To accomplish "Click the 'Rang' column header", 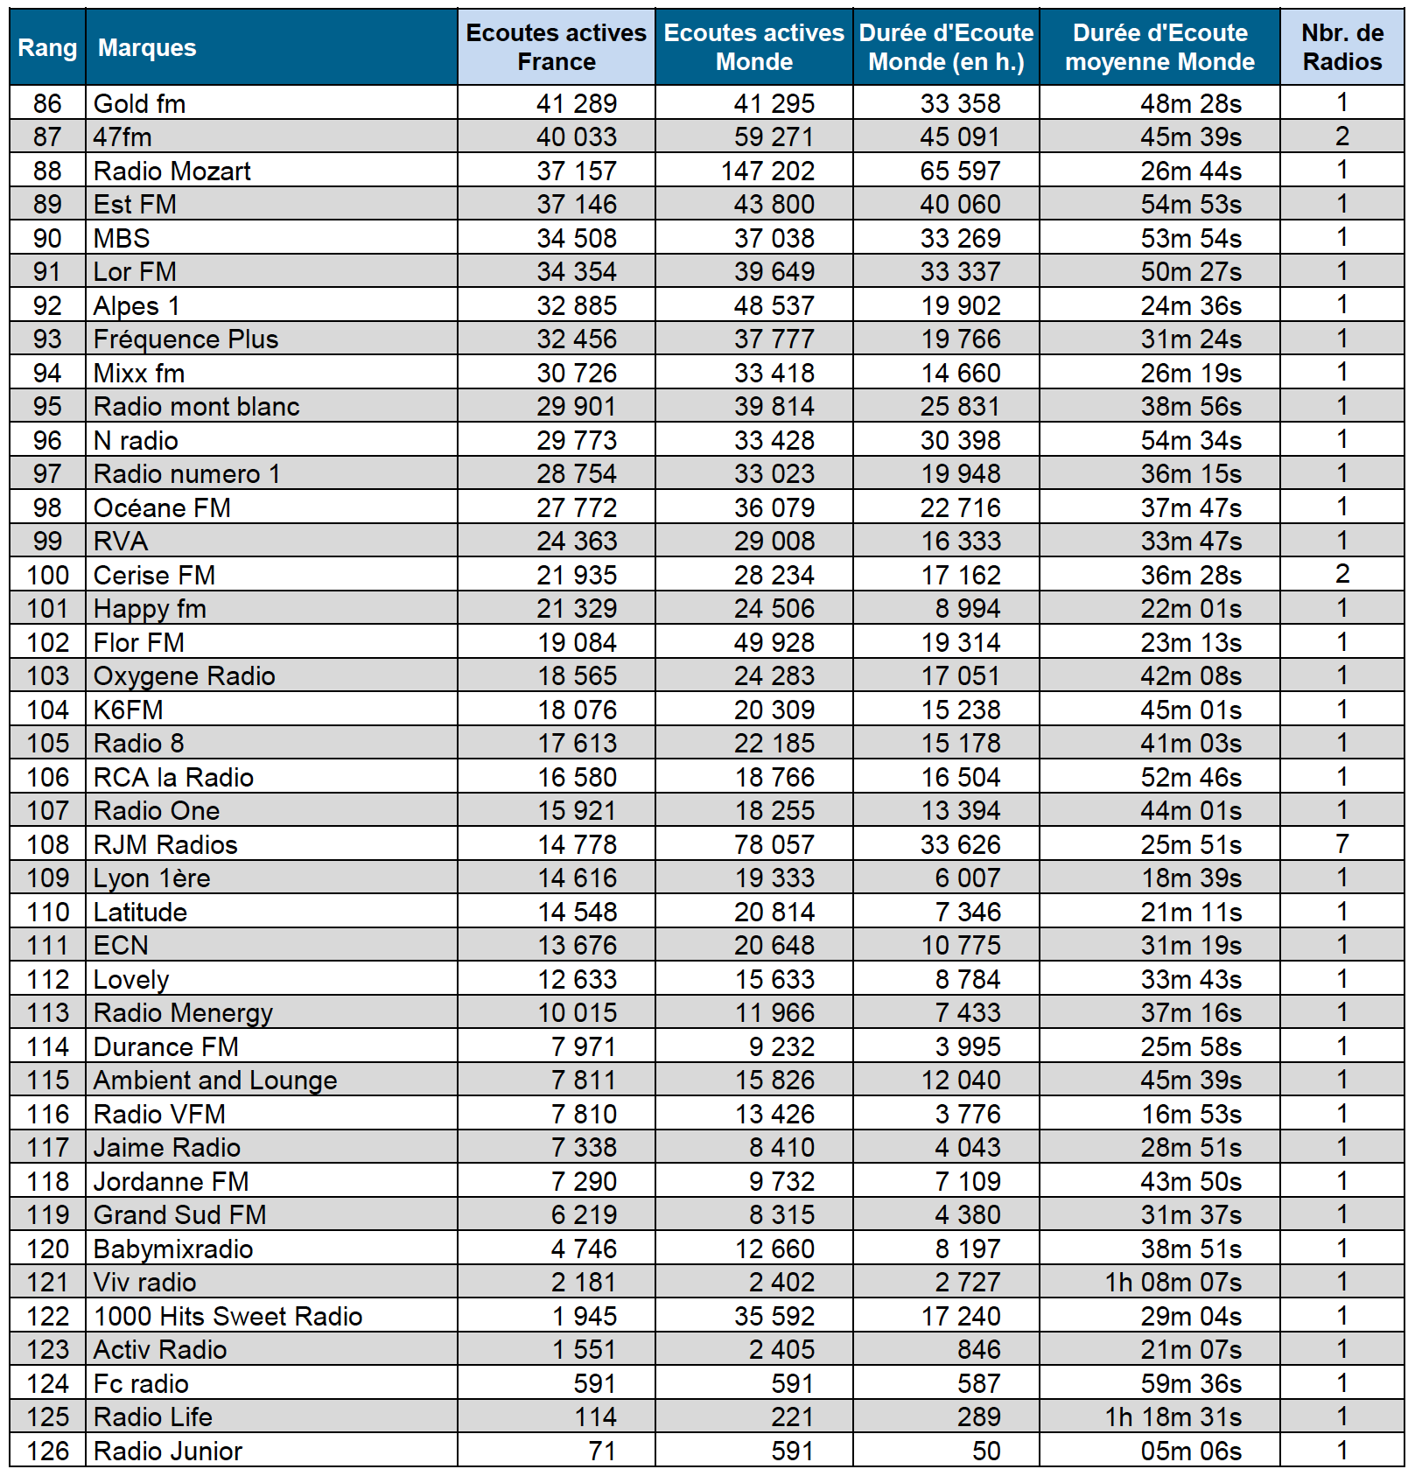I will click(x=47, y=47).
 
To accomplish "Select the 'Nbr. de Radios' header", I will click(x=1341, y=47).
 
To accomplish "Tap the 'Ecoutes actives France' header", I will click(x=556, y=47).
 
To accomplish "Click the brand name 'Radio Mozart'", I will click(x=172, y=171).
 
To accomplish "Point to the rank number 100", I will click(x=47, y=575).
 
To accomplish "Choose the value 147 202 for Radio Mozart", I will click(x=767, y=171).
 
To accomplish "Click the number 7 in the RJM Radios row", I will click(x=1341, y=844).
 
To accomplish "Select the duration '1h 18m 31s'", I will click(x=1173, y=1417).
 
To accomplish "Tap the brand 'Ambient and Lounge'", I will click(x=215, y=1080).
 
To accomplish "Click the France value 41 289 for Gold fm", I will click(x=577, y=103).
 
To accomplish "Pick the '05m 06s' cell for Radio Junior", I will click(x=1191, y=1451).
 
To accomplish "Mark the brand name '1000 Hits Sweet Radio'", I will click(x=228, y=1316).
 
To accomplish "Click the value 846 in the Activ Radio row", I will click(x=978, y=1349).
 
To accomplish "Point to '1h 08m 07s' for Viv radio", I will click(x=1173, y=1282).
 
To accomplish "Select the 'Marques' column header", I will click(x=147, y=47).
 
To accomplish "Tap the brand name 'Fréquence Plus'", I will click(x=186, y=339).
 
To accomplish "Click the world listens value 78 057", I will click(x=774, y=844).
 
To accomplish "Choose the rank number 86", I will click(x=47, y=103).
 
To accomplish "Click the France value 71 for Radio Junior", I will click(x=602, y=1451).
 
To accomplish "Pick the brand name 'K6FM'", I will click(x=129, y=710).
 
